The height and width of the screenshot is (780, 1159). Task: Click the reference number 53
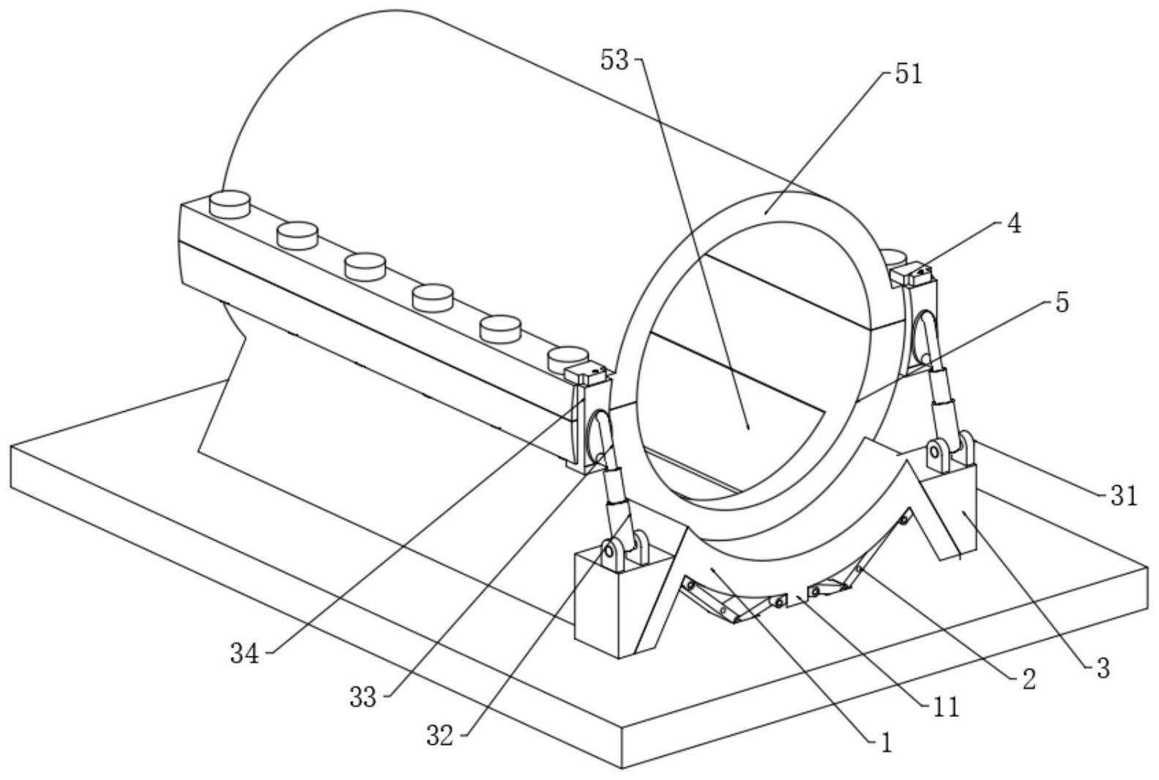(x=614, y=61)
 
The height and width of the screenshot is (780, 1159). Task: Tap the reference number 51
(x=909, y=75)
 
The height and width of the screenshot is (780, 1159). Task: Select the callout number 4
(x=1015, y=225)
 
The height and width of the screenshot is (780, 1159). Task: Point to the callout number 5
(x=1062, y=303)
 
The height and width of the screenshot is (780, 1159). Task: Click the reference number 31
(x=1124, y=495)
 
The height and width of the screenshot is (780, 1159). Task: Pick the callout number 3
(x=1103, y=669)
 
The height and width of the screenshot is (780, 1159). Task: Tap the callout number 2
(x=1029, y=680)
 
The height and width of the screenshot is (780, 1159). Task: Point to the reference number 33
(x=362, y=698)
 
